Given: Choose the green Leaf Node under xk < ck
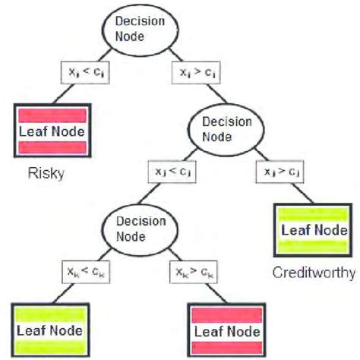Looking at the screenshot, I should tap(50, 331).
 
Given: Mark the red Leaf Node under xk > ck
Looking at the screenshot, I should tap(226, 331).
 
